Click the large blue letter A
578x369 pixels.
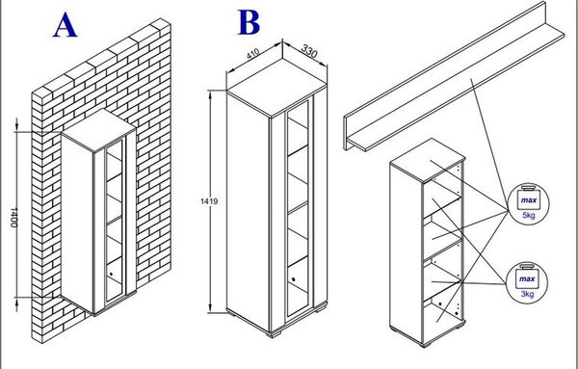(x=66, y=25)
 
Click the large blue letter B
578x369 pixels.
(x=249, y=22)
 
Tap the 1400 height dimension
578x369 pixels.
(x=13, y=218)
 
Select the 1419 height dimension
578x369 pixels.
(x=209, y=201)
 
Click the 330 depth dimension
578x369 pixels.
(x=309, y=51)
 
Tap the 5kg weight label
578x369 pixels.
(x=529, y=215)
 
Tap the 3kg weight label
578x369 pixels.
(x=528, y=294)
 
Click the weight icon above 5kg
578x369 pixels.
(x=529, y=198)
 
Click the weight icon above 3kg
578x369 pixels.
(x=527, y=277)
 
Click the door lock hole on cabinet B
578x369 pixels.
(x=293, y=279)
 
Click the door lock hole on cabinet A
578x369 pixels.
(x=111, y=274)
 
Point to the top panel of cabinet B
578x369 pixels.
(x=276, y=88)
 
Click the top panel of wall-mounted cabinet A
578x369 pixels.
(x=98, y=130)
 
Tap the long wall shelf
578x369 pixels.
(x=454, y=76)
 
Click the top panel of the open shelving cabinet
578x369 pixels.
(x=428, y=160)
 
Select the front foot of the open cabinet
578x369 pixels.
(x=427, y=344)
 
